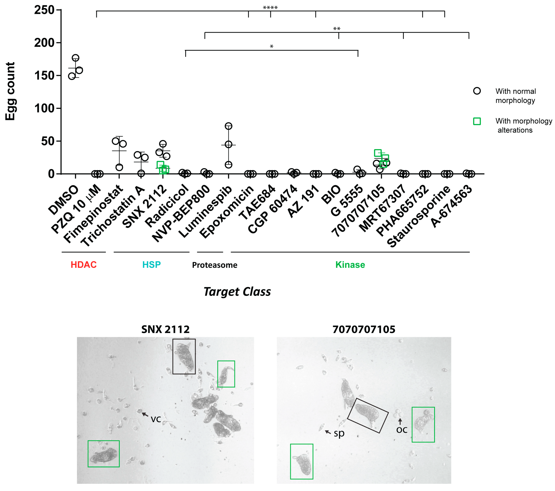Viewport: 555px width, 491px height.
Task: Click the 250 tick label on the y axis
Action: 44,10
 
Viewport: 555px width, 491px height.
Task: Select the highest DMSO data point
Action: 75,58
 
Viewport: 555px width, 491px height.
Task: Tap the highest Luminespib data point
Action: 229,126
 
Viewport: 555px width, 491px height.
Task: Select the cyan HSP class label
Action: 152,265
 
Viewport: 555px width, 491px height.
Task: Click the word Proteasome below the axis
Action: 215,265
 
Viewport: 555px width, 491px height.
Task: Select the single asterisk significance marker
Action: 272,47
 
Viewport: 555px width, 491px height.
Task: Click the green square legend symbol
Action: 477,121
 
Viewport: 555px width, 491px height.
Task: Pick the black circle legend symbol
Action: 477,91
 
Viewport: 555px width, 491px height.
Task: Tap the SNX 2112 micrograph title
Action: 165,329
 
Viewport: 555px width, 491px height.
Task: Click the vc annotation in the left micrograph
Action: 156,419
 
